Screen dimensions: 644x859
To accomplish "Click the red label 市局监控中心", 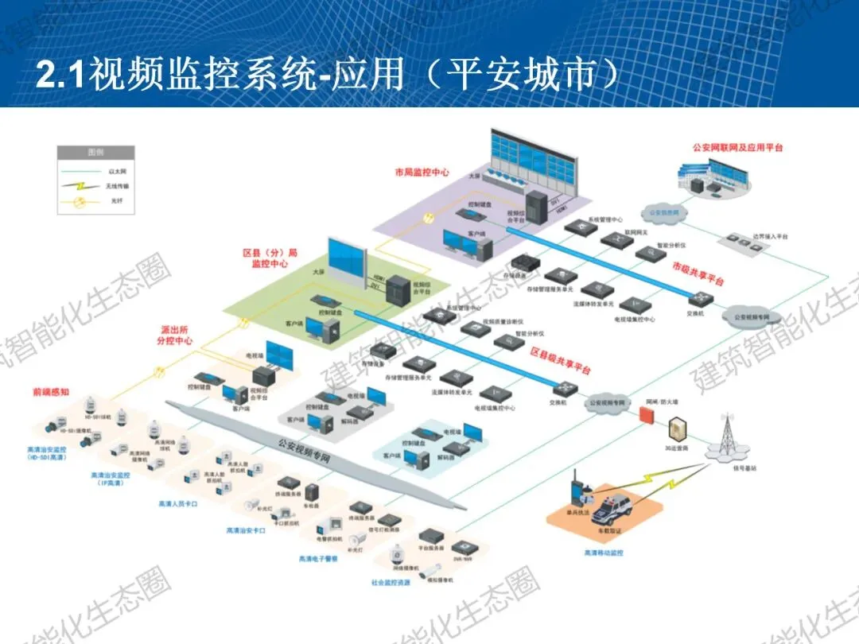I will [x=422, y=172].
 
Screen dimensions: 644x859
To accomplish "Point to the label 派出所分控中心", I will [x=174, y=336].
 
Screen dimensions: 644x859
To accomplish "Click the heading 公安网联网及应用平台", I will [x=737, y=148].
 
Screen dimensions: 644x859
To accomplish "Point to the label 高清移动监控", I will [x=604, y=552].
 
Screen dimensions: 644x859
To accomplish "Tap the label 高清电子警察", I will [x=318, y=559].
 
